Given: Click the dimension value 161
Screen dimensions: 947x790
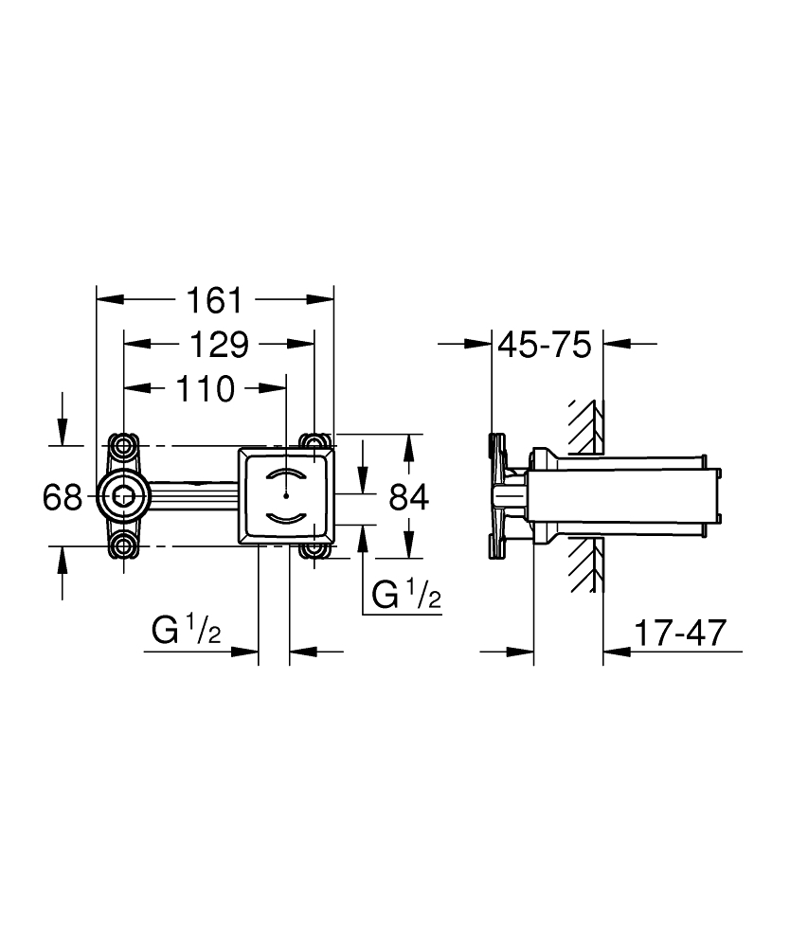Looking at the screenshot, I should coord(213,300).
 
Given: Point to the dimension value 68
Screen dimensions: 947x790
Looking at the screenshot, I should coord(63,496).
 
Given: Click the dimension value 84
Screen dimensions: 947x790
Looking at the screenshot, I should coord(408,496).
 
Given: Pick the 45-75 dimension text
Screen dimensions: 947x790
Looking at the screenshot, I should coord(544,345).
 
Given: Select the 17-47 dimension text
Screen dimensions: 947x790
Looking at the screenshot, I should coord(679,633).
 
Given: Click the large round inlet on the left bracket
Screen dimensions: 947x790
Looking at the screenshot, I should coord(123,493).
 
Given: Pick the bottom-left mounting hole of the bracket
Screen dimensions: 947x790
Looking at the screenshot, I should coord(123,545).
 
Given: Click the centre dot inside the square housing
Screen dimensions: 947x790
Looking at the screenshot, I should coord(286,494).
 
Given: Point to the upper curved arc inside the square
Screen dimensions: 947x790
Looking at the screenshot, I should coord(286,473).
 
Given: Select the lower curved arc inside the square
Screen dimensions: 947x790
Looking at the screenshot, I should coord(286,516).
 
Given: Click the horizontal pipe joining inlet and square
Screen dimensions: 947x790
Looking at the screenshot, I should coord(189,493).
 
